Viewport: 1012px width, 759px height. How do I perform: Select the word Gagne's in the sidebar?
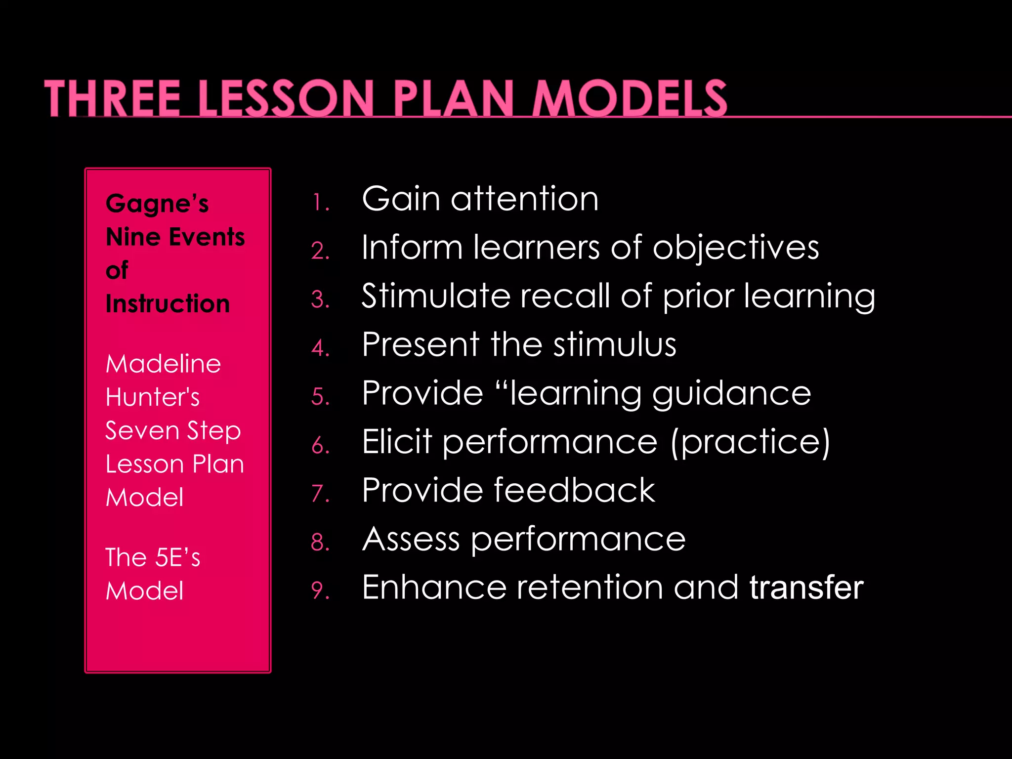(x=157, y=204)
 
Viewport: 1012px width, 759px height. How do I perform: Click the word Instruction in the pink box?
(x=168, y=303)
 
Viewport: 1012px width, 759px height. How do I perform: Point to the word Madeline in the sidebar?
(x=163, y=364)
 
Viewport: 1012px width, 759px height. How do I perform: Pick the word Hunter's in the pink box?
(x=153, y=397)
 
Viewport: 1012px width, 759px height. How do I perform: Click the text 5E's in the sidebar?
(x=177, y=558)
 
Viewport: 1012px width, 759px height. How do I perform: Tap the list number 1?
(x=320, y=203)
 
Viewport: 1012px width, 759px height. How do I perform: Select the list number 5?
(x=320, y=397)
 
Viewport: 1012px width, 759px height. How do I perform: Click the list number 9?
(x=320, y=591)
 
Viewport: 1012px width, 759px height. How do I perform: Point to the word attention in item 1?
(x=524, y=199)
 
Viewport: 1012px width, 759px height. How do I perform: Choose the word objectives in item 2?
(x=736, y=248)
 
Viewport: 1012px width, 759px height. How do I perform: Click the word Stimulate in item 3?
(x=435, y=295)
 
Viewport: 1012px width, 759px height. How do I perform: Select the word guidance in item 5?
(x=731, y=394)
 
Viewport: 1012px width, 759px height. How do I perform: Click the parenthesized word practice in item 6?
(x=751, y=442)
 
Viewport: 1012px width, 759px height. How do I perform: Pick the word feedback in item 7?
(x=575, y=490)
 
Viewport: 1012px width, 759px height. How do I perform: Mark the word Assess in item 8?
(x=411, y=539)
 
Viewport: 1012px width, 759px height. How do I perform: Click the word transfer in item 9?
(x=806, y=587)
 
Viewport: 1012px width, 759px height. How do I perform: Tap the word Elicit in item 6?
(x=397, y=441)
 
